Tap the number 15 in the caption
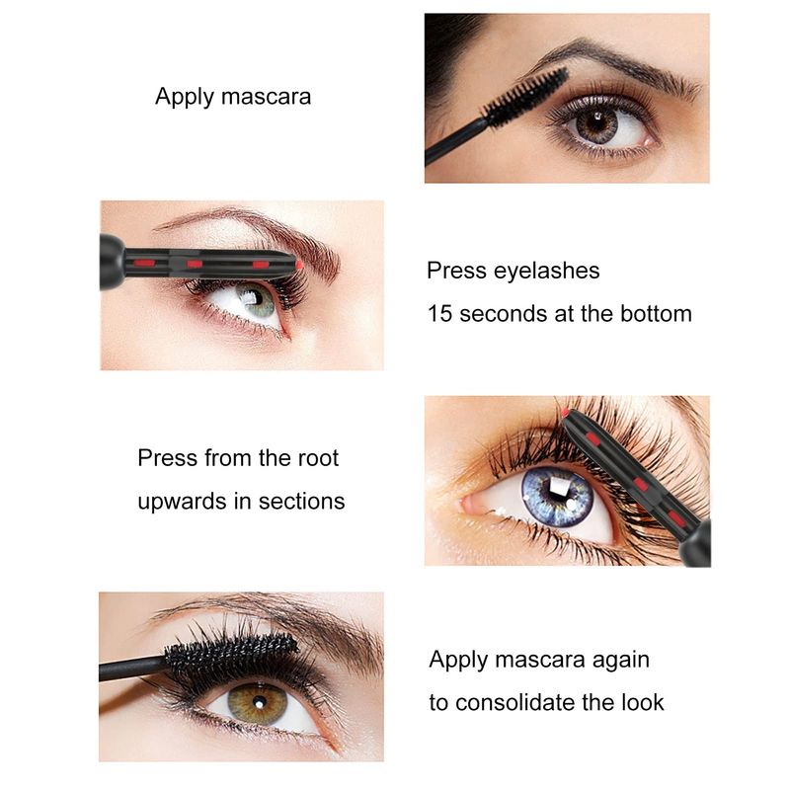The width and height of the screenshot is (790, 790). [439, 313]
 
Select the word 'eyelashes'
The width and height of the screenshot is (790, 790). [547, 271]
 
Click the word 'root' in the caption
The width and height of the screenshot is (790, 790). [318, 458]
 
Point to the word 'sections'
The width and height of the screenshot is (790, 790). [302, 502]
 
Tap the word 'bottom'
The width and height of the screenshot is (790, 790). [656, 314]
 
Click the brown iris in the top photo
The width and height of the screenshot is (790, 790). [597, 124]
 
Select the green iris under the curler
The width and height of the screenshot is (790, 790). [256, 300]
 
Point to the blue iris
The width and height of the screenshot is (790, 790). [557, 497]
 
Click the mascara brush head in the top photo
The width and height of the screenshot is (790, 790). [525, 98]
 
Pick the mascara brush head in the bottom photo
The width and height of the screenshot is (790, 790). [231, 654]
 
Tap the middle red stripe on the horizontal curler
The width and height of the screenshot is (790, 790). [195, 264]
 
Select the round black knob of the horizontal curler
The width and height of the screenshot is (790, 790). [113, 262]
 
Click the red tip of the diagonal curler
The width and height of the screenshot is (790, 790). [565, 413]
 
